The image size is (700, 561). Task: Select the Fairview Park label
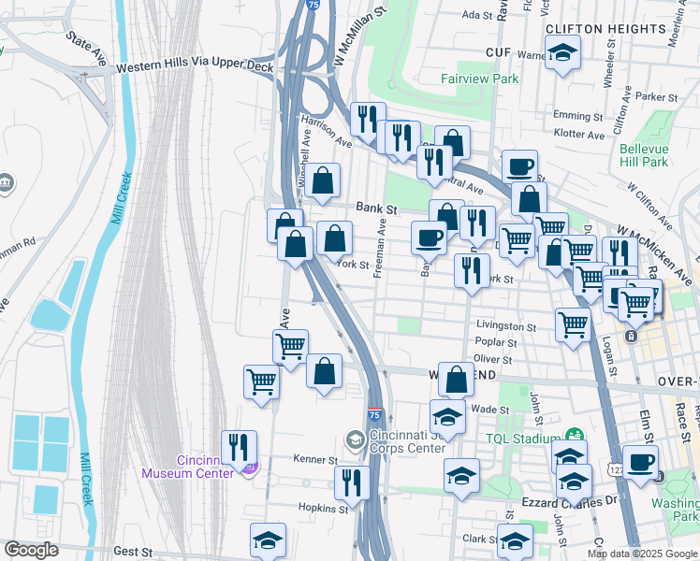coord(480,79)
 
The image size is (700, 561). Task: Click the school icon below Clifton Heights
coord(562,53)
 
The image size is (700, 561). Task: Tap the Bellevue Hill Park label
coord(644,155)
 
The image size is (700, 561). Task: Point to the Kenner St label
coord(319,460)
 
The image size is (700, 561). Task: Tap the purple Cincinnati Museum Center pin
coord(247,467)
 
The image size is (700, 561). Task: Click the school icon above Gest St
coord(268,540)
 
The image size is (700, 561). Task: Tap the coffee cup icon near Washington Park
coord(641,462)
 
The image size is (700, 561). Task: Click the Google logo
coord(32,550)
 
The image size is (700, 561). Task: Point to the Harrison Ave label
coord(326,132)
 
